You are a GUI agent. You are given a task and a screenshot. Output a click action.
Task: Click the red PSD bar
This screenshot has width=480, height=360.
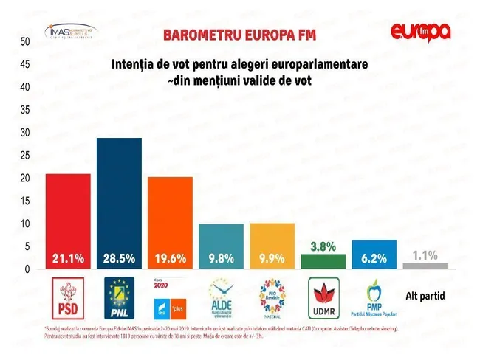68,221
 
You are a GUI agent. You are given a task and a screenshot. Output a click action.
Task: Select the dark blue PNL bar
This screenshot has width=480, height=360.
119,203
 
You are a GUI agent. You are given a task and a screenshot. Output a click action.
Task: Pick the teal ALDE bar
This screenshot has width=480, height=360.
221,246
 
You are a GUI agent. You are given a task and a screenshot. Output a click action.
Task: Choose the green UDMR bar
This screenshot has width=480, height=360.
323,261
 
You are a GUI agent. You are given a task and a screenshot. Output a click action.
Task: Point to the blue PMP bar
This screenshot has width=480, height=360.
374,254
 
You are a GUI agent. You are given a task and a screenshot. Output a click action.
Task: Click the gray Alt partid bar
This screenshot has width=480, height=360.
425,265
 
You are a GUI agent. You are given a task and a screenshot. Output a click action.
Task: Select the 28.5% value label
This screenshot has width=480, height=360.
119,259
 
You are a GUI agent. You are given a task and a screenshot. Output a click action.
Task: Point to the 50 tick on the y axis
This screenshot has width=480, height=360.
24,41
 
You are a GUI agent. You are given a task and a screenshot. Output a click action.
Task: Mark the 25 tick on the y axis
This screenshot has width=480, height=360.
24,155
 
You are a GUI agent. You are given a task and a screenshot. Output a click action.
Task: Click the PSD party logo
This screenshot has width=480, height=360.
67,298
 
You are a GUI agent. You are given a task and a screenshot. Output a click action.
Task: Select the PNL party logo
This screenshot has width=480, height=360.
119,298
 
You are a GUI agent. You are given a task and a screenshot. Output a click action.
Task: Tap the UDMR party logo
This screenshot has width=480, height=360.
323,298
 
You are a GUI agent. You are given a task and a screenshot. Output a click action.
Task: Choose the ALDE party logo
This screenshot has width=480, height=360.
221,298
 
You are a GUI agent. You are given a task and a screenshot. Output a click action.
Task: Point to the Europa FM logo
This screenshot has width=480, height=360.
421,32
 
